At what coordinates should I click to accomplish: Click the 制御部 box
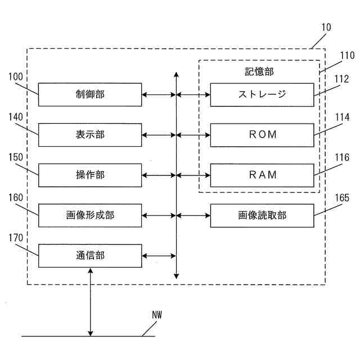pos(90,94)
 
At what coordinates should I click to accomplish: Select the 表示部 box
pos(90,135)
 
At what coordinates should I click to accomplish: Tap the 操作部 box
pos(90,175)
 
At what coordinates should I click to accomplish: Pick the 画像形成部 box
pos(90,215)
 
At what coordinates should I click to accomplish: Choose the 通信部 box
pos(90,256)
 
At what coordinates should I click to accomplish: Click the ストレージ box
pos(262,94)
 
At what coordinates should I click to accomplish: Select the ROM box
pos(262,135)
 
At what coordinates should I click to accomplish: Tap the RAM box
pos(262,175)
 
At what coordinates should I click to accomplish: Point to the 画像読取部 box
pos(262,215)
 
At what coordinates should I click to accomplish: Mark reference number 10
pos(326,27)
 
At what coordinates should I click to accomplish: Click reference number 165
pos(341,197)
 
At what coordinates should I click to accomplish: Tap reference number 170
pos(16,237)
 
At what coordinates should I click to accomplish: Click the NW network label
pos(156,316)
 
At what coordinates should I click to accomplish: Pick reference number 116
pos(341,157)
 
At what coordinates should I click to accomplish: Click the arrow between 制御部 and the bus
pos(159,94)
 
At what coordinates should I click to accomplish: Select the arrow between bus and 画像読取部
pos(193,215)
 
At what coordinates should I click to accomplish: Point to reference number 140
pos(16,116)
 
